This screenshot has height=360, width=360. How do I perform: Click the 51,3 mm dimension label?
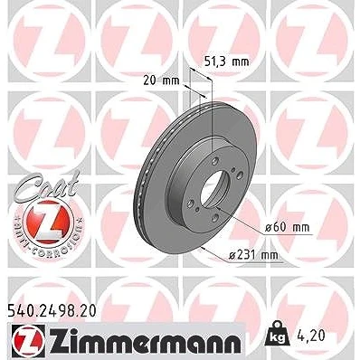[x=227, y=62]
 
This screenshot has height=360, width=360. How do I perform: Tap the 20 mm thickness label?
[x=161, y=81]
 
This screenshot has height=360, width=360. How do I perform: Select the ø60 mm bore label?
[x=287, y=227]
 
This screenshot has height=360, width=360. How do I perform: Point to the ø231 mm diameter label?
[x=253, y=255]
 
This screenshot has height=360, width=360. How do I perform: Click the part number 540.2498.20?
[x=52, y=311]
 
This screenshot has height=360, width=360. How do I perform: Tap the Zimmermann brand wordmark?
[x=145, y=343]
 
